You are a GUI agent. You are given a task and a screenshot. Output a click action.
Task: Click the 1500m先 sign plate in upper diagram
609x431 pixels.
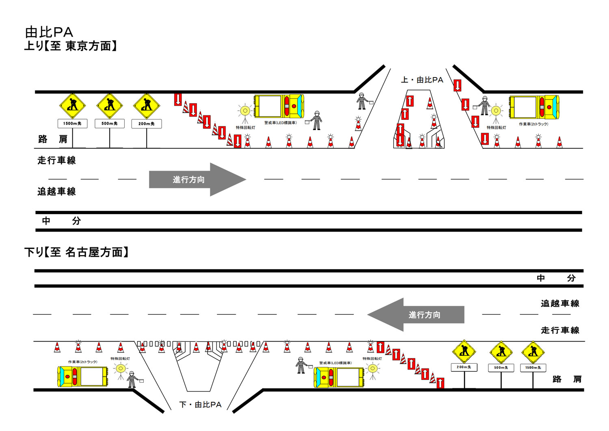point(72,123)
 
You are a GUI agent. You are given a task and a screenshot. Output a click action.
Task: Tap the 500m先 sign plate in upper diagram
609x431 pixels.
point(109,123)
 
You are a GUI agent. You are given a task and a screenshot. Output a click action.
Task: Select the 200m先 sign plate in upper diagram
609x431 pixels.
point(147,123)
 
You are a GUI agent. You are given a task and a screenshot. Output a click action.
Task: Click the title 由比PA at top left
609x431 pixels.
point(49,32)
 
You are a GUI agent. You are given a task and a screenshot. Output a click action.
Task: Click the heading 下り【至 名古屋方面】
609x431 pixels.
point(77,252)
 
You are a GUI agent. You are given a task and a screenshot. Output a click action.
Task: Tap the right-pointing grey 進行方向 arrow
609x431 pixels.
point(197,180)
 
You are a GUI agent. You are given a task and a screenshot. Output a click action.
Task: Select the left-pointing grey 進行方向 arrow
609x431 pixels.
point(416,315)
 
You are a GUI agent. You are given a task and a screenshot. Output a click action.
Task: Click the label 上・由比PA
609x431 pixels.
point(422,80)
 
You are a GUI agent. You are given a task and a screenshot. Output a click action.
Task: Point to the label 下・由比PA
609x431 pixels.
point(201,405)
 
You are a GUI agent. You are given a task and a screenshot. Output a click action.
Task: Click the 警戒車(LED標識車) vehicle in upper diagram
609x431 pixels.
point(279,106)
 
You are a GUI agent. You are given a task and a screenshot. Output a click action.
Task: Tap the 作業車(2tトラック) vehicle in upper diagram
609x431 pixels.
point(534,107)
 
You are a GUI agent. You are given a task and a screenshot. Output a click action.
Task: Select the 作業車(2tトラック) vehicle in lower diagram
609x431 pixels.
point(82,377)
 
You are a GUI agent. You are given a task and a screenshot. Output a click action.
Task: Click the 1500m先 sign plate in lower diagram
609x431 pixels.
point(533,368)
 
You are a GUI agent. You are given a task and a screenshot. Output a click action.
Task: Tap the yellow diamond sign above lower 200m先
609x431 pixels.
point(464,351)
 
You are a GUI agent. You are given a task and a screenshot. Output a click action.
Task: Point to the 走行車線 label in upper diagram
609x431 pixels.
point(56,160)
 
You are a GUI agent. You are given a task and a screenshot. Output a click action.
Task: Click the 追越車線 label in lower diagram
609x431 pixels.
point(559,303)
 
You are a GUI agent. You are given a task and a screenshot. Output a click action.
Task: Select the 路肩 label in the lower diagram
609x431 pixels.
point(567,379)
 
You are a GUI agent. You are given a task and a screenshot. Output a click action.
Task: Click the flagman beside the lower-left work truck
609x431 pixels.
point(132,379)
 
